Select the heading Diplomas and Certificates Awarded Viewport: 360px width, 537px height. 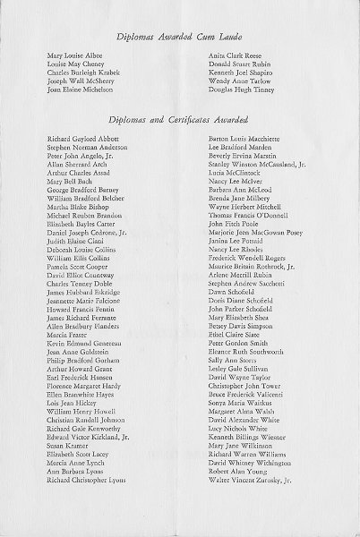[x=178, y=119]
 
